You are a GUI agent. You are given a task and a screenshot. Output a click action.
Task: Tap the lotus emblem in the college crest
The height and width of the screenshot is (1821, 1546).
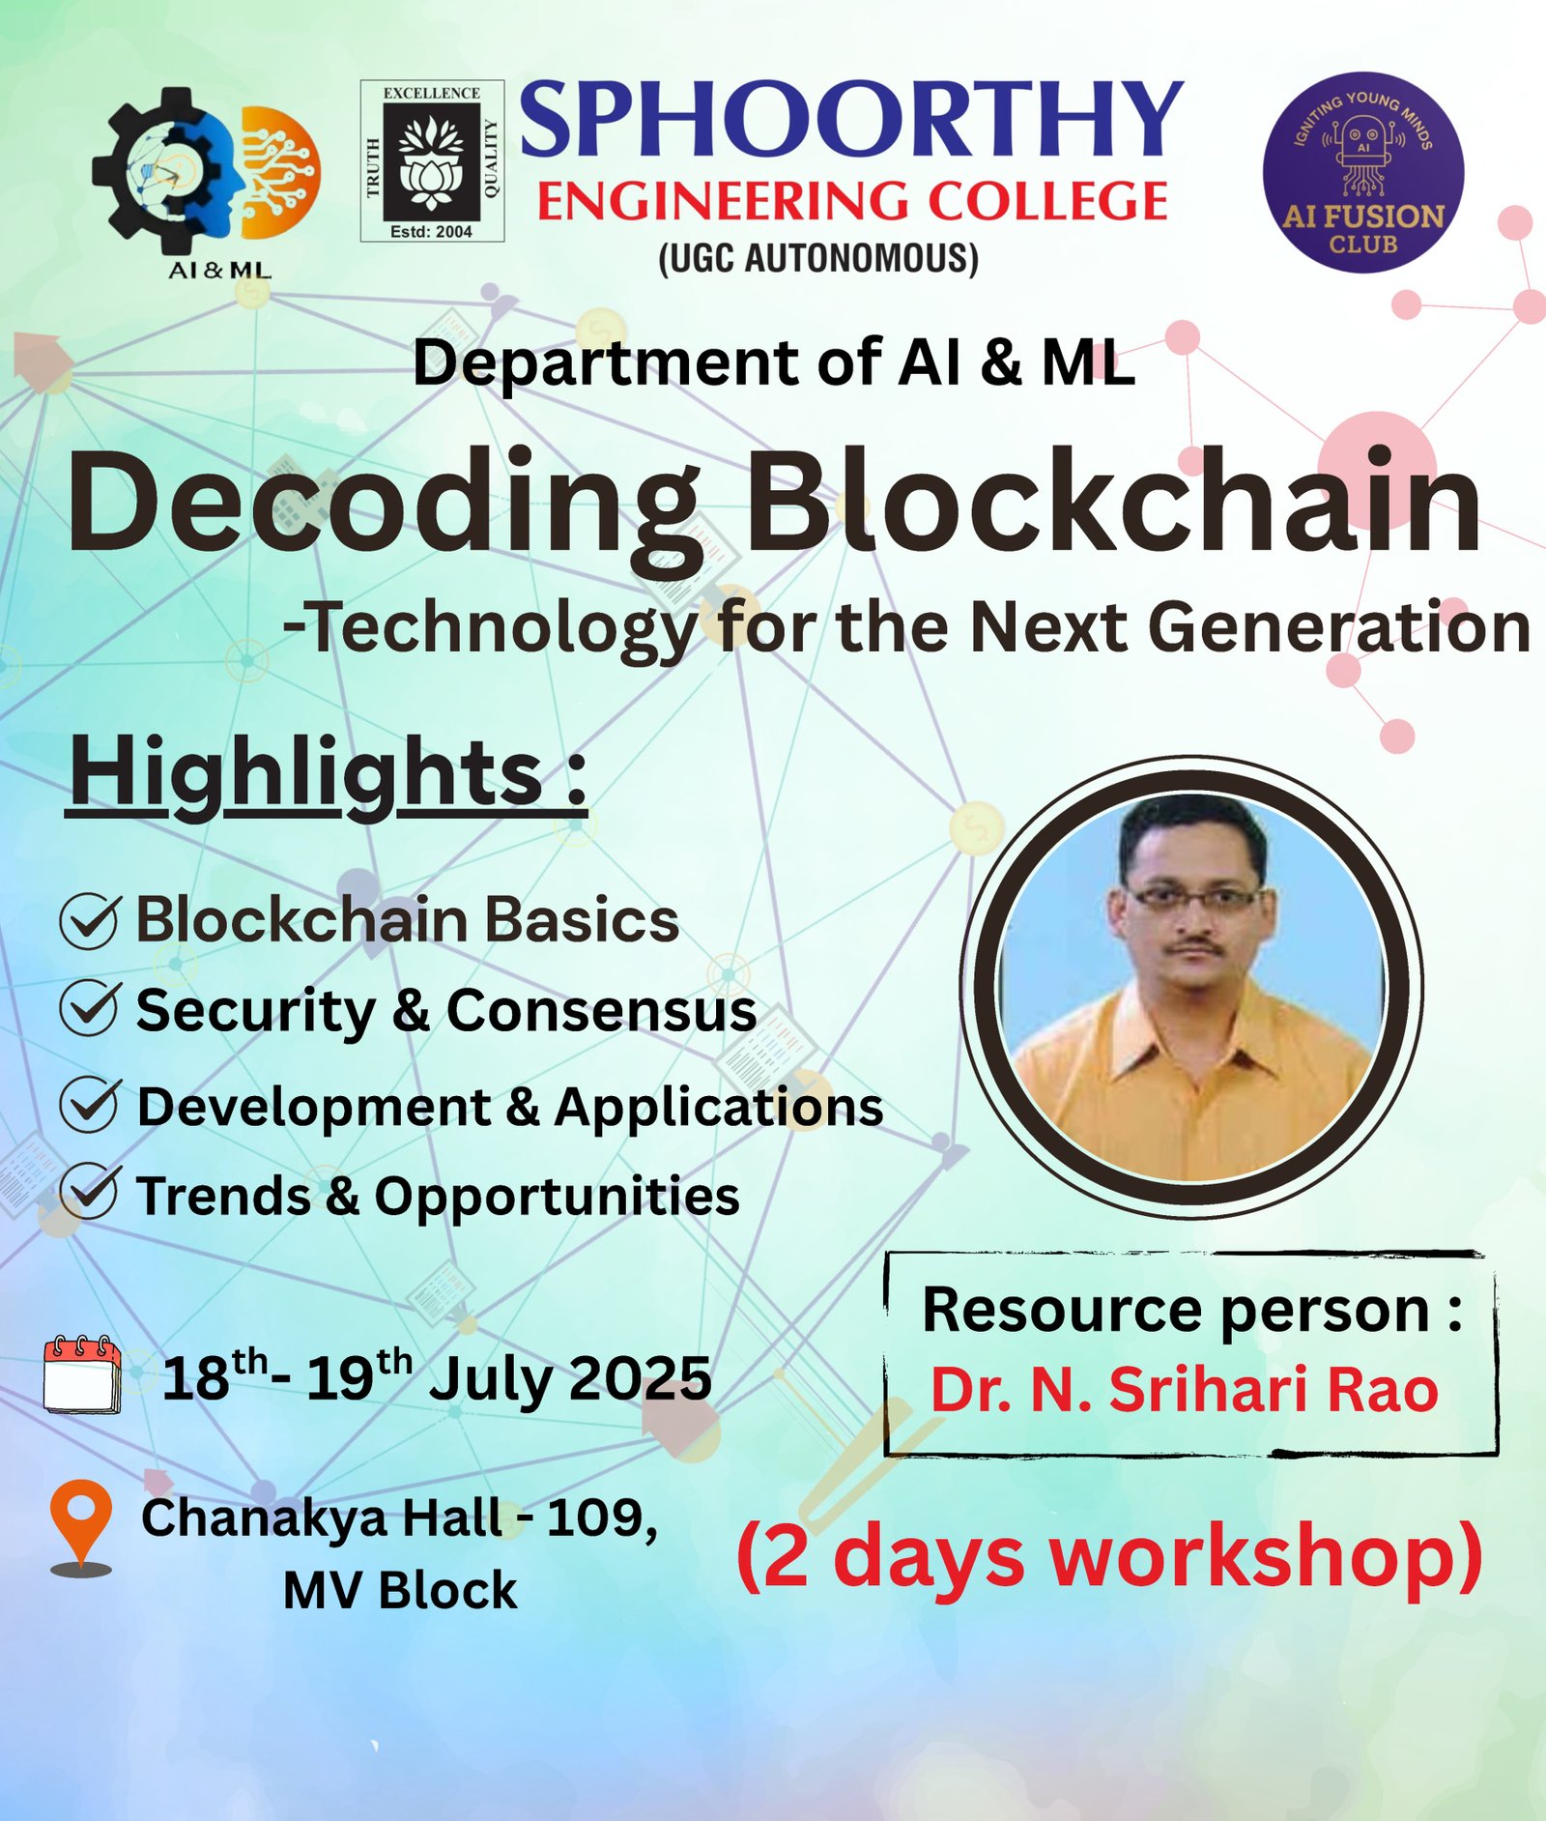pos(431,162)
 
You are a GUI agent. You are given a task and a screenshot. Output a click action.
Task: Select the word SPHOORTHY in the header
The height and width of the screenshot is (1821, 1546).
pos(851,120)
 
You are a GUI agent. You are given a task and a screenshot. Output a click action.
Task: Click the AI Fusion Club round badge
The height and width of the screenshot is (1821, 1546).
pos(1363,172)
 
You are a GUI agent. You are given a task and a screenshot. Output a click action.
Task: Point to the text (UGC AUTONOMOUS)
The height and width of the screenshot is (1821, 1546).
pos(818,258)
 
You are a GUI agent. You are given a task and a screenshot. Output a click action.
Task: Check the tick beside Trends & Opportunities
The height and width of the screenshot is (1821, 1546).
pos(90,1193)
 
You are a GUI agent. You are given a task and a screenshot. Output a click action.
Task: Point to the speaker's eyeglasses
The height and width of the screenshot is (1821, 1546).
pos(1195,898)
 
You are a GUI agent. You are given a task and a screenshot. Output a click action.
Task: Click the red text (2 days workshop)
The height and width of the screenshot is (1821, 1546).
pos(1109,1556)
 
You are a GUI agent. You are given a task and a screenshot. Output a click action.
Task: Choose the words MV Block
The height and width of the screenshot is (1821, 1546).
pos(400,1590)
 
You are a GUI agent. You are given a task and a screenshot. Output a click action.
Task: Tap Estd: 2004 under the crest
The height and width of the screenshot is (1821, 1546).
pos(431,232)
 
